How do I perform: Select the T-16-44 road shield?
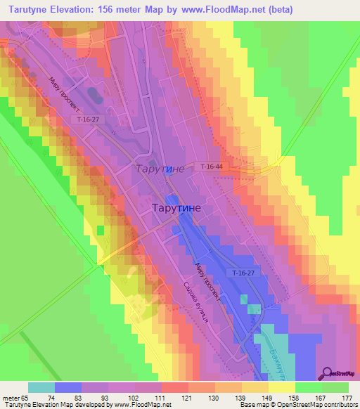coord(211,166)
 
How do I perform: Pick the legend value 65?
coord(26,397)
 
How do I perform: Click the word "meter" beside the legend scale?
coord(11,397)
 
